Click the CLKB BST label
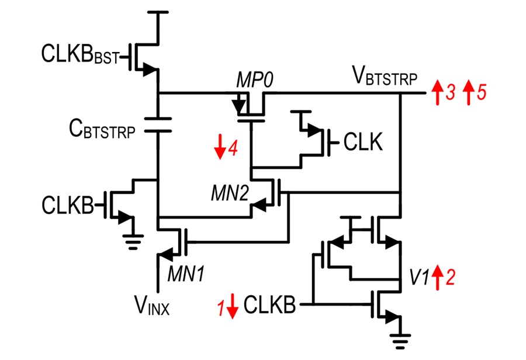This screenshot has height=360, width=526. [80, 54]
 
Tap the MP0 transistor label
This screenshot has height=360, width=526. [255, 80]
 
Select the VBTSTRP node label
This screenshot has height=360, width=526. [385, 76]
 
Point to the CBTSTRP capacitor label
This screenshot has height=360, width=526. [102, 129]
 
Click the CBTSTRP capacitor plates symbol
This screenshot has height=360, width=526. [158, 125]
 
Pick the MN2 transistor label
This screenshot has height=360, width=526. [230, 193]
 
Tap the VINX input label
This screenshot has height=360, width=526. [152, 305]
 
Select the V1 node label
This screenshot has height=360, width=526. [419, 277]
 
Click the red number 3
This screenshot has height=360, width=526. [451, 92]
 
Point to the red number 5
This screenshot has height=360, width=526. [482, 92]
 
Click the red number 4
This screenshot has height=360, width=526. [233, 147]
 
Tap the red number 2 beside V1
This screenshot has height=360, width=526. [450, 277]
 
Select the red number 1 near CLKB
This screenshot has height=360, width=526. [221, 308]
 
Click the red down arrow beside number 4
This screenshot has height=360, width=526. [220, 147]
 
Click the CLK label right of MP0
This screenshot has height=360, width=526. [363, 142]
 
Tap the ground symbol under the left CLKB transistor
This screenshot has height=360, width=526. [133, 242]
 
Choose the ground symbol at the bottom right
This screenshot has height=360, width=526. [400, 341]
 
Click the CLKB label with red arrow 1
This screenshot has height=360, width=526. [269, 304]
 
